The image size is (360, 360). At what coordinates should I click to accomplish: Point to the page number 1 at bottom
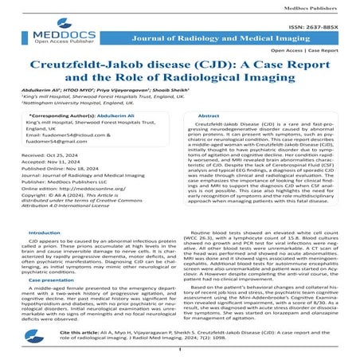pyautogui.click(x=180, y=348)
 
